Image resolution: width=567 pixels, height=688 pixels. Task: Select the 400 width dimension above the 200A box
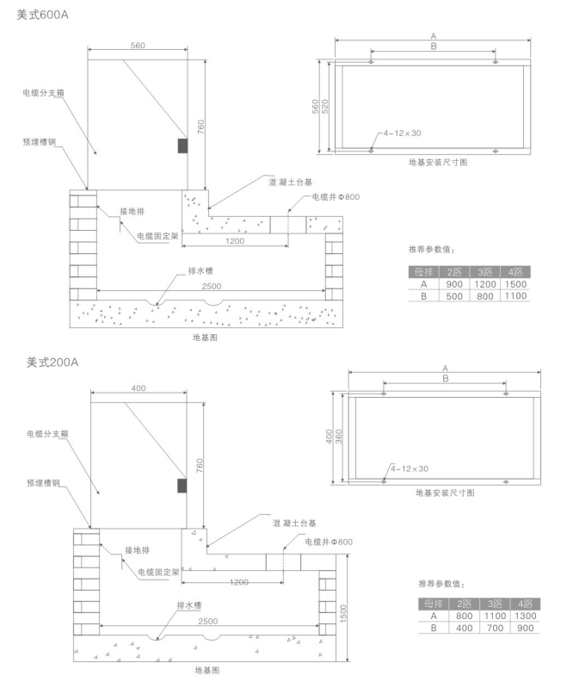[139, 388]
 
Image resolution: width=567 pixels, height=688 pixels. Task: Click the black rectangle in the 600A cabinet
[182, 146]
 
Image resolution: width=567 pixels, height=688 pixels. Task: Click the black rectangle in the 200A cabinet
[181, 487]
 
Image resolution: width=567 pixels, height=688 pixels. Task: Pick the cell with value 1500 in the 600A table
[515, 284]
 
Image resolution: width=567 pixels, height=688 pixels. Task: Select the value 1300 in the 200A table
[522, 616]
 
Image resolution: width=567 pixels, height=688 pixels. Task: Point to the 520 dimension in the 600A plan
[326, 104]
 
